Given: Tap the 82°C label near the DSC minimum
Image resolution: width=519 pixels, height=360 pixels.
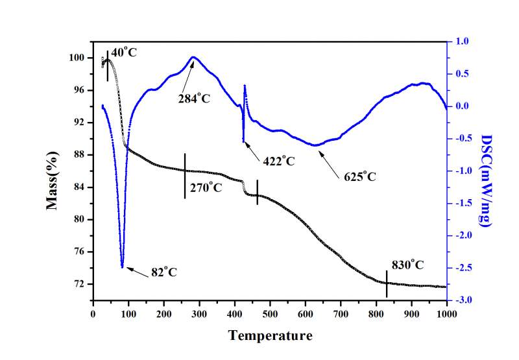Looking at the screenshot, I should pos(164,272).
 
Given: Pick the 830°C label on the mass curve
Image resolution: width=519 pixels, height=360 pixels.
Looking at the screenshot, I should pos(407,265).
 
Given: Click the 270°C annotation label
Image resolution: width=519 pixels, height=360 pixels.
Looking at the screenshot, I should pos(206,189).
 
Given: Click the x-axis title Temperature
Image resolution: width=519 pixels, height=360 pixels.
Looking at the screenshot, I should pos(270,335).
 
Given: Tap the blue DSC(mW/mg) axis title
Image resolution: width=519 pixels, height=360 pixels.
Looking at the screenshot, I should pos(486,180).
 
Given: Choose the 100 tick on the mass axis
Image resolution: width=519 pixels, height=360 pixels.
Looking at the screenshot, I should pos(78,58).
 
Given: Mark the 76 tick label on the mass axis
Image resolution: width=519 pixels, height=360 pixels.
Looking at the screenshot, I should pos(80,252).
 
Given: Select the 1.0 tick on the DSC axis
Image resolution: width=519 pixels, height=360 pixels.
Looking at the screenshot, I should pos(462,41).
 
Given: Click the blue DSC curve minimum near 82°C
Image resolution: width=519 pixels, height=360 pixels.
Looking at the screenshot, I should pos(122,265).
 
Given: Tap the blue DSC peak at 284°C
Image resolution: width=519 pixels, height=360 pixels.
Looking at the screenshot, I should pos(193,58).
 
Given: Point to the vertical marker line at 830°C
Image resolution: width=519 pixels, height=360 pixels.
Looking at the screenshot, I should pos(387,283).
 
